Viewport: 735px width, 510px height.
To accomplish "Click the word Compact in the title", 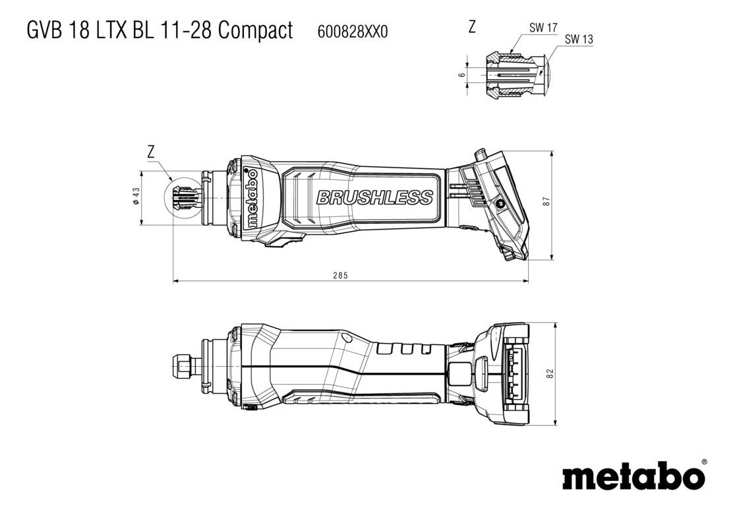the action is coord(256,31).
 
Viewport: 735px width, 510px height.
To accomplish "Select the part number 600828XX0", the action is coord(353,32).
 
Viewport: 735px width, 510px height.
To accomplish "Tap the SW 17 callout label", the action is coord(543,28).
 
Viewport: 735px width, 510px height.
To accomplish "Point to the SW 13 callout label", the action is coord(579,40).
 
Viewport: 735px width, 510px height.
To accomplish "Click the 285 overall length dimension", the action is coord(341,275).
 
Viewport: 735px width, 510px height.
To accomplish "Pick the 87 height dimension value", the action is coord(546,201).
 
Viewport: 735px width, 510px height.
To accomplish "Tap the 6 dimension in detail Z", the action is coord(461,75).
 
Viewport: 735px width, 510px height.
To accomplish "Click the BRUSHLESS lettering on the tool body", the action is coord(374,197).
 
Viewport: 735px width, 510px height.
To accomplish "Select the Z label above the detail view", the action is coord(472,27).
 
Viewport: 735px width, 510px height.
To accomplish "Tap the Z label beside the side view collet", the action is coord(150,152).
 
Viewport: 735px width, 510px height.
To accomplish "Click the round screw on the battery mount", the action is coord(501,204).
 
